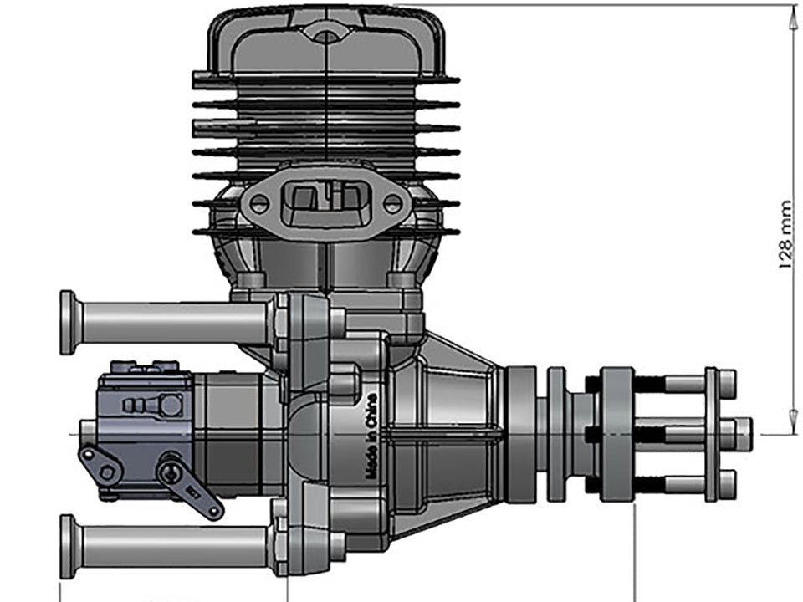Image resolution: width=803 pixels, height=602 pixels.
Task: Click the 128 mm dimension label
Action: [x=785, y=235]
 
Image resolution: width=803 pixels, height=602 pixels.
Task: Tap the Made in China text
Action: [x=371, y=436]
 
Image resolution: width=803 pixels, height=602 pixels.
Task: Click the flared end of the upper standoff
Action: [x=69, y=322]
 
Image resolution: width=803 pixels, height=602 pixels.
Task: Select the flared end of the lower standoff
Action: [x=69, y=546]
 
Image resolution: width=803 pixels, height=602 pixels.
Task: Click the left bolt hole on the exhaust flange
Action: [x=260, y=202]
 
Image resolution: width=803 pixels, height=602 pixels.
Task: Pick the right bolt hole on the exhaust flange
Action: [x=391, y=202]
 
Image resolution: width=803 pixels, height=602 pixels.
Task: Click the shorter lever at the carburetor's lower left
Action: [x=98, y=464]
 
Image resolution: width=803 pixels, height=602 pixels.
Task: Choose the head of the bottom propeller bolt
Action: [x=727, y=483]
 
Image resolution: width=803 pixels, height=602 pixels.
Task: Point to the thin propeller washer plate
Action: [x=711, y=433]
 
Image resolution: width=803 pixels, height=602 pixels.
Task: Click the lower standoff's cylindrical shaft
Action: [x=176, y=546]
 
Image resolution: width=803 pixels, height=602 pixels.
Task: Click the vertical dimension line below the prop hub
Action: [x=636, y=556]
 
